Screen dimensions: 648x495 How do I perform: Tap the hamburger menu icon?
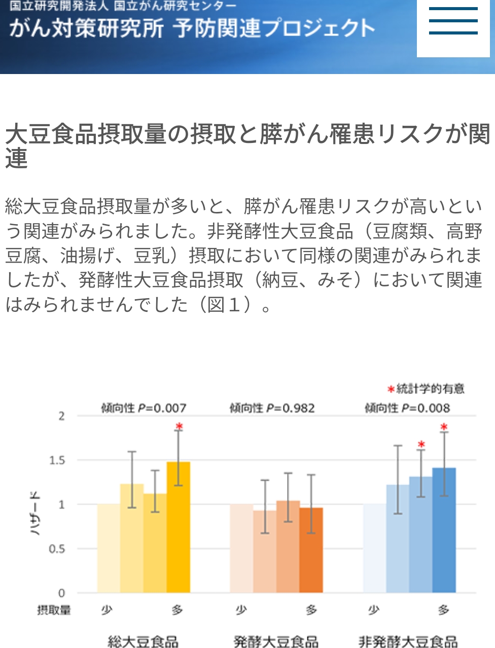pyautogui.click(x=453, y=21)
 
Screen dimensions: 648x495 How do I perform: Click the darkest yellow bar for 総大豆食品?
pyautogui.click(x=179, y=527)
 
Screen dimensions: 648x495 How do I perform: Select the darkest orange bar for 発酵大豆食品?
pyautogui.click(x=311, y=550)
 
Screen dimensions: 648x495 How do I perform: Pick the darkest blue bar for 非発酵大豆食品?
pyautogui.click(x=444, y=530)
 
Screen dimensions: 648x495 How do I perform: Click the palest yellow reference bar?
pyautogui.click(x=109, y=548)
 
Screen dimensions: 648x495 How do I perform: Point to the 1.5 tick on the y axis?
pyautogui.click(x=57, y=460)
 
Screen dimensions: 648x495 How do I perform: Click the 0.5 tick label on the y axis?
pyautogui.click(x=57, y=549)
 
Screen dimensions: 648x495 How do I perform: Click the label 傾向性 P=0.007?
pyautogui.click(x=144, y=408)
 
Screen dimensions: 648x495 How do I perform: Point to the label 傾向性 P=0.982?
pyautogui.click(x=272, y=408)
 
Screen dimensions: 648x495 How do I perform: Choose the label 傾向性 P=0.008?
pyautogui.click(x=407, y=408)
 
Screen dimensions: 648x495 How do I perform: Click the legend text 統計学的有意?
pyautogui.click(x=430, y=389)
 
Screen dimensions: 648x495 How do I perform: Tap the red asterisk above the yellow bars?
pyautogui.click(x=179, y=426)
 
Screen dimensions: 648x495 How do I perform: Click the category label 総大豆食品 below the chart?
pyautogui.click(x=143, y=642)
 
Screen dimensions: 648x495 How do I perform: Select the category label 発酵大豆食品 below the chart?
pyautogui.click(x=276, y=642)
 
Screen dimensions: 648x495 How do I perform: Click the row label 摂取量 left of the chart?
pyautogui.click(x=54, y=610)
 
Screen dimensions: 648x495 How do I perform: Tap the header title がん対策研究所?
pyautogui.click(x=86, y=28)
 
